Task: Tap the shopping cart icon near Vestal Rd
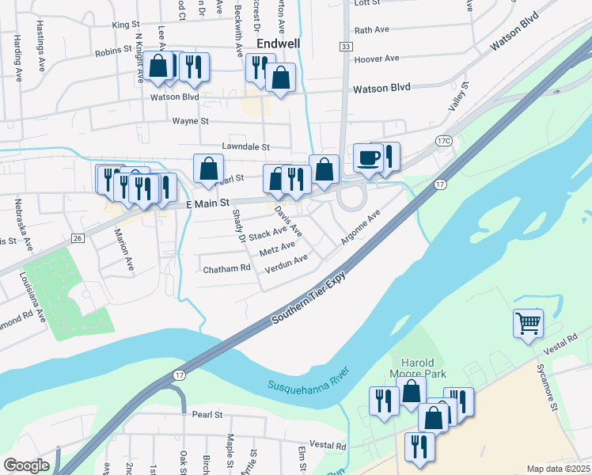528,323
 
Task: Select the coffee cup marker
367,158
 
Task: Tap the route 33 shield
345,47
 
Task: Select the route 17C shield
443,141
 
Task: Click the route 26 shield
78,237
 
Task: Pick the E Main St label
207,203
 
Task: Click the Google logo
26,465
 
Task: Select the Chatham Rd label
226,269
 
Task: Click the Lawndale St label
245,147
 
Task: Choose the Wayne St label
190,122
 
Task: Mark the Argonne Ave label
362,226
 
